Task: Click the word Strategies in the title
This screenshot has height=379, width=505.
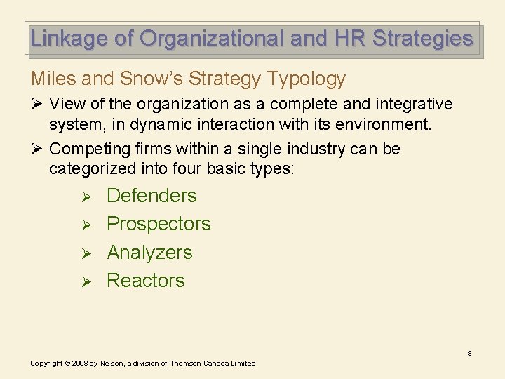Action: click(x=423, y=39)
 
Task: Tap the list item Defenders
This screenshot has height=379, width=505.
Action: click(x=151, y=196)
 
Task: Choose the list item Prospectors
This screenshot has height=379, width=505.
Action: click(x=159, y=224)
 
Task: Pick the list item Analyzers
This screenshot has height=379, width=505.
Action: click(x=149, y=253)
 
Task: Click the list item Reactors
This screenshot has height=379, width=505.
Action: click(x=146, y=281)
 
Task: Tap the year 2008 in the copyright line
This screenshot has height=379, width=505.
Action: click(x=81, y=364)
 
